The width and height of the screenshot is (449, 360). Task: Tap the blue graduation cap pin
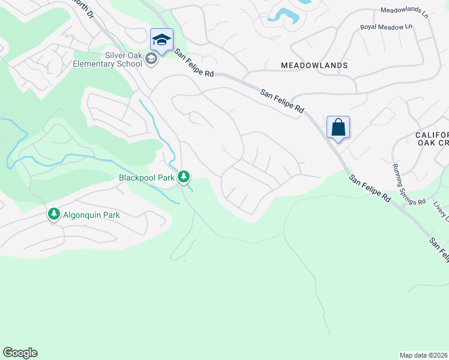(161, 40)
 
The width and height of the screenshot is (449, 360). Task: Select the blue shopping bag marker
(338, 127)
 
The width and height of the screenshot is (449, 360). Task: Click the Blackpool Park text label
(146, 178)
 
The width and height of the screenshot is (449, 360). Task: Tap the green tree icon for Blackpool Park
(184, 177)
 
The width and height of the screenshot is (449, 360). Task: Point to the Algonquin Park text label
(92, 215)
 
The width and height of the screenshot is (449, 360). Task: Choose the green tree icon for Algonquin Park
(54, 214)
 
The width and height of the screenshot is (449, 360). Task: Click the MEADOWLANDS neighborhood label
(315, 65)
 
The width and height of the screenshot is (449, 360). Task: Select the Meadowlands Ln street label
(404, 11)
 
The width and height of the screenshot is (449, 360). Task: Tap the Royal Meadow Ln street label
(386, 27)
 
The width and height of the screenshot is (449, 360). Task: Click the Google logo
(20, 353)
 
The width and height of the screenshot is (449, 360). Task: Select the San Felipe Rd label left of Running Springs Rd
(370, 188)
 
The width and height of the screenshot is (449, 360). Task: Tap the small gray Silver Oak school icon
(151, 59)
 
